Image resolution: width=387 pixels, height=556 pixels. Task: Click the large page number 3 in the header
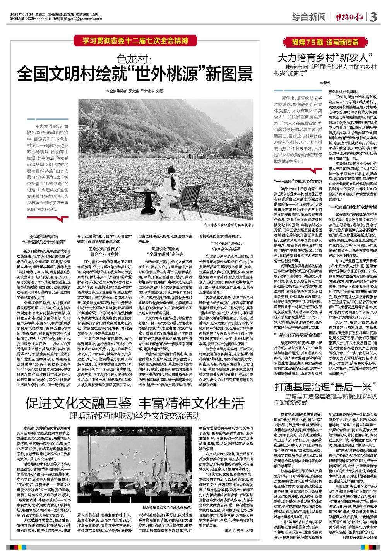[373, 17]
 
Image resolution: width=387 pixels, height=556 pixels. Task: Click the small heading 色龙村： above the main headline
[135, 59]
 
